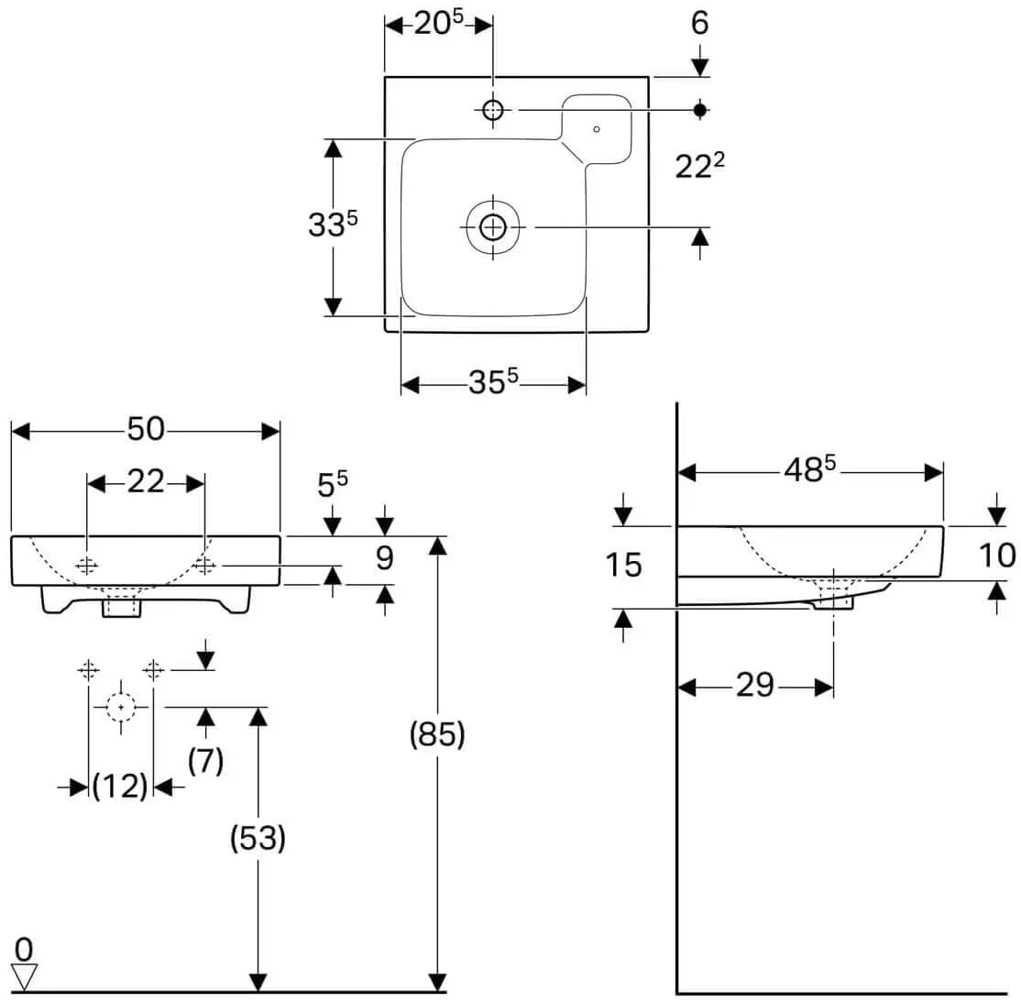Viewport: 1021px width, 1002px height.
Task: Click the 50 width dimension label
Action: tap(146, 429)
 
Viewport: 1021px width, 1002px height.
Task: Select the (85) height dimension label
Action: tap(437, 735)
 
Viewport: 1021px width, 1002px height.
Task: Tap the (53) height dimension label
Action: tap(258, 838)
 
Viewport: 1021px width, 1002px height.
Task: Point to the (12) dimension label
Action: tap(120, 787)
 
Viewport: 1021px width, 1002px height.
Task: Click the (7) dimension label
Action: tap(206, 760)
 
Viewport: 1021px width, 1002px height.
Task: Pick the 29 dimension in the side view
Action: tap(755, 686)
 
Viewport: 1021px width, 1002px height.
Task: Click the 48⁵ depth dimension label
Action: tap(810, 468)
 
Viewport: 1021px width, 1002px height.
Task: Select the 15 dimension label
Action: tap(624, 565)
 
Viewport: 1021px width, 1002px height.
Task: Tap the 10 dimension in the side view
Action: tap(997, 556)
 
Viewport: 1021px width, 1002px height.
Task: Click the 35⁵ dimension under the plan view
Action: tap(494, 381)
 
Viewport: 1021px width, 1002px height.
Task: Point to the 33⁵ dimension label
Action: tap(333, 224)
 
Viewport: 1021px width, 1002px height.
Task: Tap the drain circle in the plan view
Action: tap(493, 227)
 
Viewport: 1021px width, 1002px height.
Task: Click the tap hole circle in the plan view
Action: tap(493, 109)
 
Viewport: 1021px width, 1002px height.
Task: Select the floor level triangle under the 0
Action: tap(24, 976)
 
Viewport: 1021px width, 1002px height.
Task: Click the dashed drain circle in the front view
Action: tap(121, 707)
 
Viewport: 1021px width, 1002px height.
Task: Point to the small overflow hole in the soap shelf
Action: tap(597, 129)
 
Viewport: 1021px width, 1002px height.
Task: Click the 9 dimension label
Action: tap(385, 558)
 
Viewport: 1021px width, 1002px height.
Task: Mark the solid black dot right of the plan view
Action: tap(700, 109)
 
